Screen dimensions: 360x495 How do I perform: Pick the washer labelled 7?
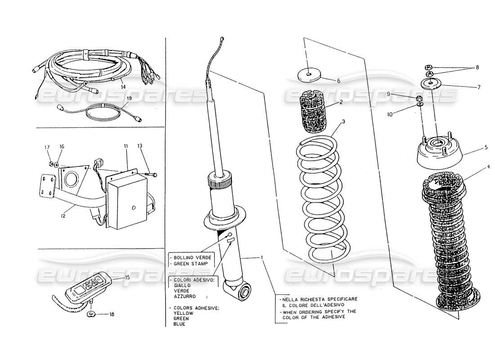[x=431, y=83]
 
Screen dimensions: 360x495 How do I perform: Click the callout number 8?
[x=477, y=67]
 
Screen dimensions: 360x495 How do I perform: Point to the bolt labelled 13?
[x=153, y=174]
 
